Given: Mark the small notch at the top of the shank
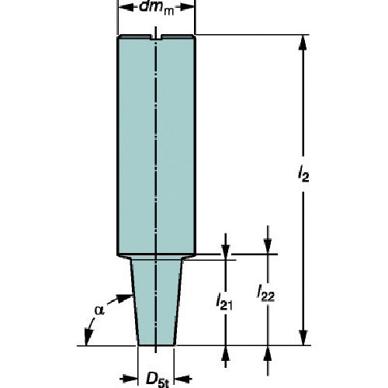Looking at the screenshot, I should (x=156, y=36).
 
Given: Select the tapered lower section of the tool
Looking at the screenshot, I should (x=156, y=303).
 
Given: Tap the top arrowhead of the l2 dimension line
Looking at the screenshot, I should (x=301, y=40).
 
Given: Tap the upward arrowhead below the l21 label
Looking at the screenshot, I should (x=226, y=351).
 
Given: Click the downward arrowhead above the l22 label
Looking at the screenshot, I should (x=268, y=247).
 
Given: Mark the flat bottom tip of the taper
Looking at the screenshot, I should (x=156, y=344).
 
